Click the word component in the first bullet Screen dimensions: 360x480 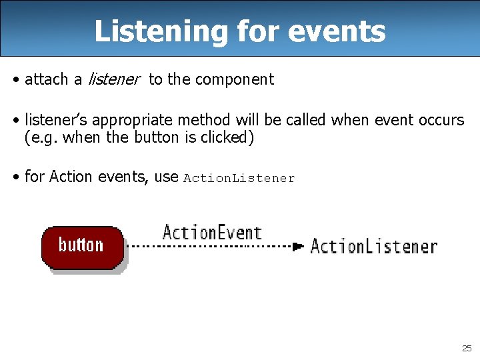[234, 79]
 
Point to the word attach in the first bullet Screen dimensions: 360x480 [47, 79]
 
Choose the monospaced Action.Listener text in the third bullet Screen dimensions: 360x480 [239, 178]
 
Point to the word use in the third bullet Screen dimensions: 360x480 [166, 177]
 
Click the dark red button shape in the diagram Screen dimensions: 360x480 [82, 246]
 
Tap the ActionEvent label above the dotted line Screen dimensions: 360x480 [211, 233]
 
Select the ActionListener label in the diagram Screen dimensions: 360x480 [373, 246]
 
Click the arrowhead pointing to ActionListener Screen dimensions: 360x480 [298, 246]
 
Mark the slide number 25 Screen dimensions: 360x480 [466, 348]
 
